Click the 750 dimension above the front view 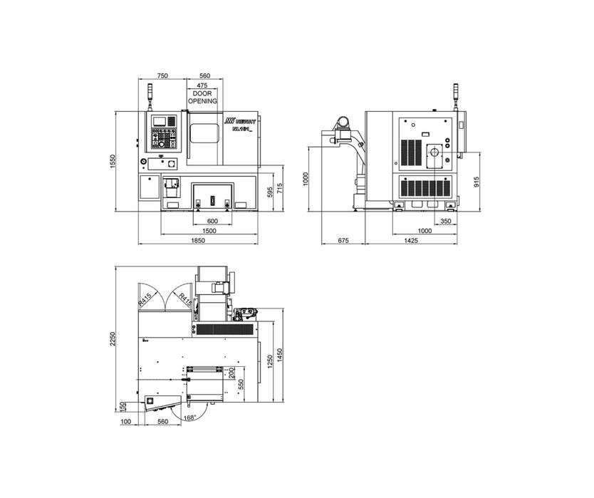pyautogui.click(x=162, y=76)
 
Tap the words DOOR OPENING pyautogui.click(x=202, y=98)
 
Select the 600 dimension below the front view pyautogui.click(x=212, y=221)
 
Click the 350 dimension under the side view pyautogui.click(x=445, y=221)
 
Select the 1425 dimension pyautogui.click(x=411, y=241)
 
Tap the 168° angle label pyautogui.click(x=189, y=417)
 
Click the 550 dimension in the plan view pyautogui.click(x=241, y=385)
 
